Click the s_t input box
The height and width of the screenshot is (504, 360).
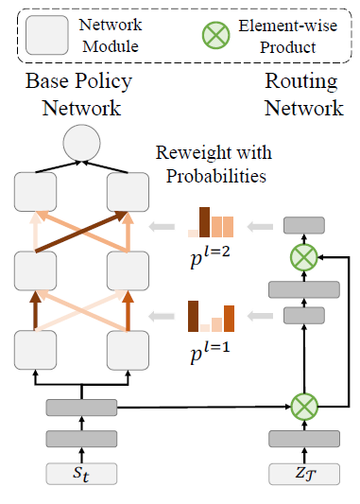point(80,472)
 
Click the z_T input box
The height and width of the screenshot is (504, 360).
point(304,472)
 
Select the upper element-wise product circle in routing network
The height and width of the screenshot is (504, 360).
point(304,256)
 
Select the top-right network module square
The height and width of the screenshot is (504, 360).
point(127,194)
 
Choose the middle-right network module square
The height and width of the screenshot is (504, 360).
point(127,271)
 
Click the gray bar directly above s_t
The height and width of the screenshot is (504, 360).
point(80,438)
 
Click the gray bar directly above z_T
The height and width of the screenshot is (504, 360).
point(304,438)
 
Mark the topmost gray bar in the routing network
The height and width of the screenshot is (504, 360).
point(304,225)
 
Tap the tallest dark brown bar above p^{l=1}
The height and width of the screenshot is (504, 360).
point(193,315)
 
